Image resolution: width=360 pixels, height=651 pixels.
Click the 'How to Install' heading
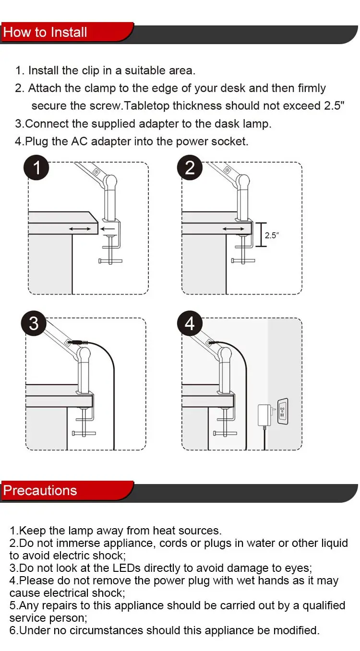coord(45,33)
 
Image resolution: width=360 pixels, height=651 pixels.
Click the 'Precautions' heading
coord(40,490)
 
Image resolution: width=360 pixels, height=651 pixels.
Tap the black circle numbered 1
coord(37,168)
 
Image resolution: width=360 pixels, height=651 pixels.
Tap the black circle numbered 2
coord(190,168)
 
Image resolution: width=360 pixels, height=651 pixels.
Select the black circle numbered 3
coord(34,323)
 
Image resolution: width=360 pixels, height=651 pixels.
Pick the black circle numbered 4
coord(190,323)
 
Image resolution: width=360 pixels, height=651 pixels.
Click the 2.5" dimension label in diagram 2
coord(272,236)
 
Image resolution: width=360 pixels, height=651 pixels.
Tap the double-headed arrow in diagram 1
coord(80,229)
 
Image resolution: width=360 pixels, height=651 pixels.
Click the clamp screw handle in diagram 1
coord(110,261)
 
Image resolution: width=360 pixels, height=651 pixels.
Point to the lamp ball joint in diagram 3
coord(84,355)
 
